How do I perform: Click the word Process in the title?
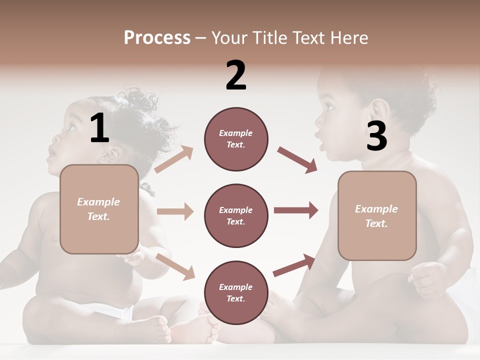(157, 38)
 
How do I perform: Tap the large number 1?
(99, 128)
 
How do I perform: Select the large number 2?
(236, 75)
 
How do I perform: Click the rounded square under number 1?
(99, 209)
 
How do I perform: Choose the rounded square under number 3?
(377, 215)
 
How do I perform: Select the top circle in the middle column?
(236, 139)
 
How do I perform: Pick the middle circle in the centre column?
(236, 215)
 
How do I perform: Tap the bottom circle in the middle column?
(236, 292)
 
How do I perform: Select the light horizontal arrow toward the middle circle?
(175, 211)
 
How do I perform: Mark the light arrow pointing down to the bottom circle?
(175, 266)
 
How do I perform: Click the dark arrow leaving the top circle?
(297, 160)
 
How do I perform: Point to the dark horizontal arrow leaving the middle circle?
(295, 210)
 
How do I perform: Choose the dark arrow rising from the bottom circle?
(294, 265)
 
